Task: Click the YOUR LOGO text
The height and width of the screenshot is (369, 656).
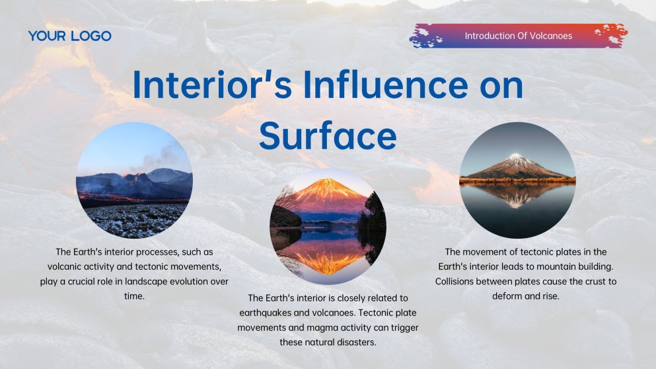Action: pyautogui.click(x=69, y=36)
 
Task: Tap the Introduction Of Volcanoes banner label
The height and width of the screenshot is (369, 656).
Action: pyautogui.click(x=519, y=36)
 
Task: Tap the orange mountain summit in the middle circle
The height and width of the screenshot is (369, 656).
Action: pyautogui.click(x=328, y=184)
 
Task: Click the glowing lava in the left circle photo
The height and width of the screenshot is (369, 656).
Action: pyautogui.click(x=109, y=194)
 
